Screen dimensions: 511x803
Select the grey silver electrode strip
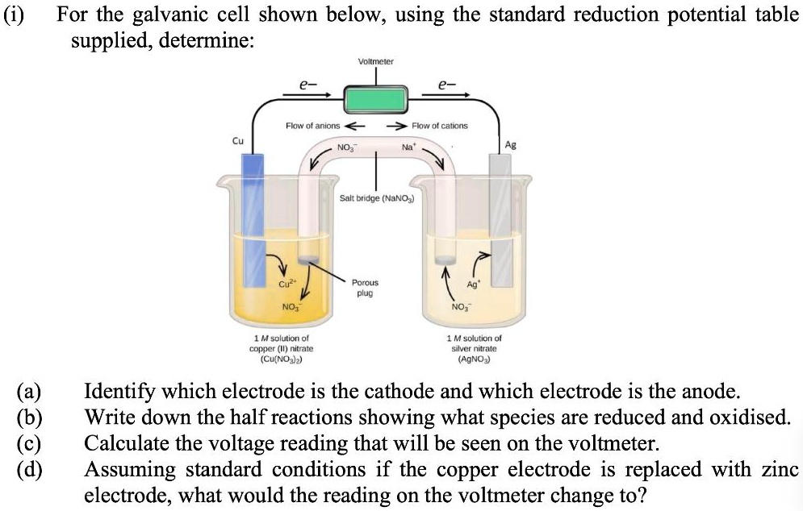point(501,218)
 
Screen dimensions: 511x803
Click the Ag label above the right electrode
point(509,145)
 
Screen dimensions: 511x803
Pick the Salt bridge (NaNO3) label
point(374,197)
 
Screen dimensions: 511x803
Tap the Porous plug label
point(365,288)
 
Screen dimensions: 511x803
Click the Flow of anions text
point(313,126)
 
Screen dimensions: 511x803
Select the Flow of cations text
point(439,126)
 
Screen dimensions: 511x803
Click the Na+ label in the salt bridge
point(407,147)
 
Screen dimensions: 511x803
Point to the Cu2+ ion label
point(286,283)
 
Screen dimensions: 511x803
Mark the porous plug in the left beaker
point(307,259)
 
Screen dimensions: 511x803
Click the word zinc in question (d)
point(778,468)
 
